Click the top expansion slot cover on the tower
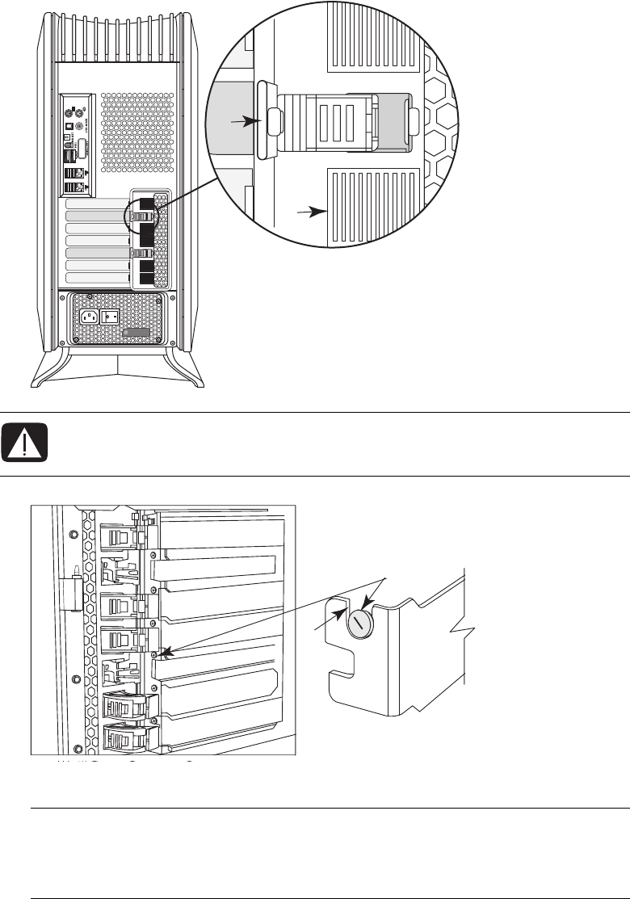[x=96, y=204]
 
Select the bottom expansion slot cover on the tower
[x=96, y=278]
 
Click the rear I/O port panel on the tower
[x=78, y=145]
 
